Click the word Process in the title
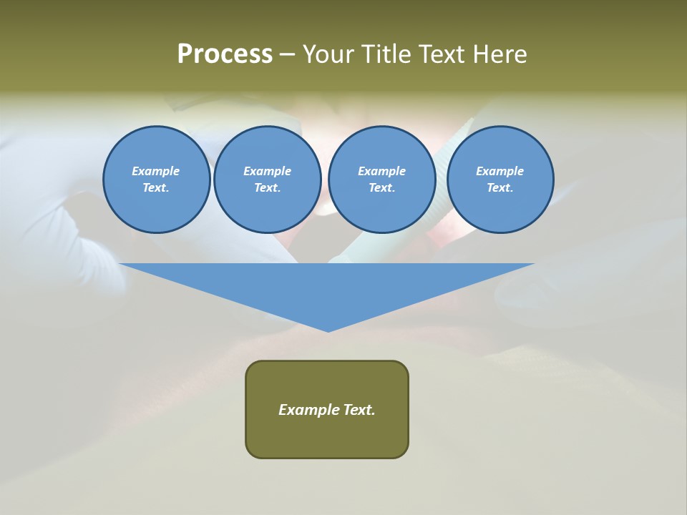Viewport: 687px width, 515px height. (x=225, y=54)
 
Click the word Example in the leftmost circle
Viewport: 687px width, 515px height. (x=156, y=171)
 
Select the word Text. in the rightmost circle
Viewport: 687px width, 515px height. (x=500, y=187)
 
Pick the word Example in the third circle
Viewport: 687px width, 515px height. (x=381, y=171)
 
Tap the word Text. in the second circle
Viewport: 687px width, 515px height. (x=267, y=187)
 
